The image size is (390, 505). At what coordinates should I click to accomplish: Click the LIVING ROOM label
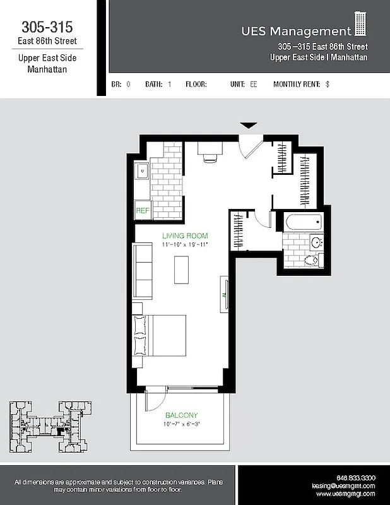click(184, 236)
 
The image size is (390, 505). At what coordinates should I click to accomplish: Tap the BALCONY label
click(181, 415)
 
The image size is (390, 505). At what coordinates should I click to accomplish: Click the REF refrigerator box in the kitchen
click(142, 211)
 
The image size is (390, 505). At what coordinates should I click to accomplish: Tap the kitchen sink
click(142, 169)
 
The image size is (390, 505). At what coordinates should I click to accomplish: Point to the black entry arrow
click(249, 126)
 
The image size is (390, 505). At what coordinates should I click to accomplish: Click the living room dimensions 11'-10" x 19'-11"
click(184, 244)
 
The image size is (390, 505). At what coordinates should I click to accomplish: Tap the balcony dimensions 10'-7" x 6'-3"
click(181, 424)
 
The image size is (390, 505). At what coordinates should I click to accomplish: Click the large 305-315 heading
click(47, 27)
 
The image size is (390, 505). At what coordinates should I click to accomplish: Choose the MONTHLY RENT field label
click(297, 84)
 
